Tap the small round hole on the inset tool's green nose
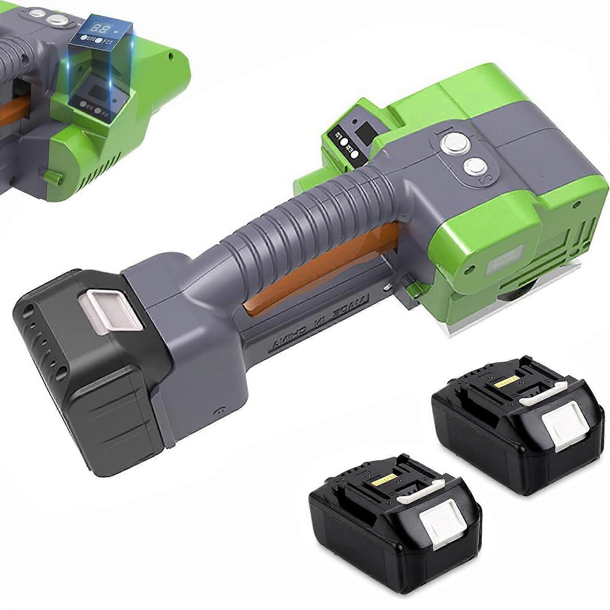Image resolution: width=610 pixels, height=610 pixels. [x=171, y=56]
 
